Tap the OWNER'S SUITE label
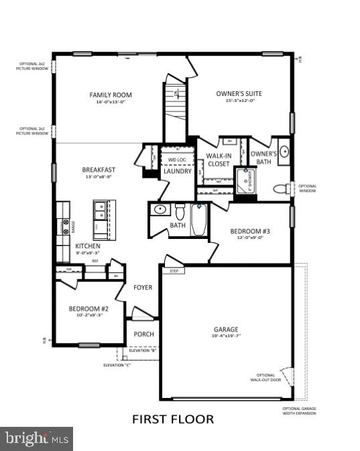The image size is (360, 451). pyautogui.click(x=239, y=94)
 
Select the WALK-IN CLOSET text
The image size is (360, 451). pyautogui.click(x=219, y=159)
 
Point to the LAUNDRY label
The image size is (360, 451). pyautogui.click(x=178, y=171)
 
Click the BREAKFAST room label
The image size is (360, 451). pyautogui.click(x=99, y=170)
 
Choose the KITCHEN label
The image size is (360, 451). pyautogui.click(x=88, y=246)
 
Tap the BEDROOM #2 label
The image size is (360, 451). pyautogui.click(x=88, y=309)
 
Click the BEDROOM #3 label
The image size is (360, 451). pyautogui.click(x=247, y=232)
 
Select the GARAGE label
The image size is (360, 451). pyautogui.click(x=227, y=330)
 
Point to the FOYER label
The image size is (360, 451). pyautogui.click(x=143, y=287)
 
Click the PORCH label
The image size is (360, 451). pyautogui.click(x=143, y=334)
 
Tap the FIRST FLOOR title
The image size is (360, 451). pyautogui.click(x=173, y=419)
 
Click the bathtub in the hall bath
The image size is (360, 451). pyautogui.click(x=199, y=221)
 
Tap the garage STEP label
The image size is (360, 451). pyautogui.click(x=174, y=271)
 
